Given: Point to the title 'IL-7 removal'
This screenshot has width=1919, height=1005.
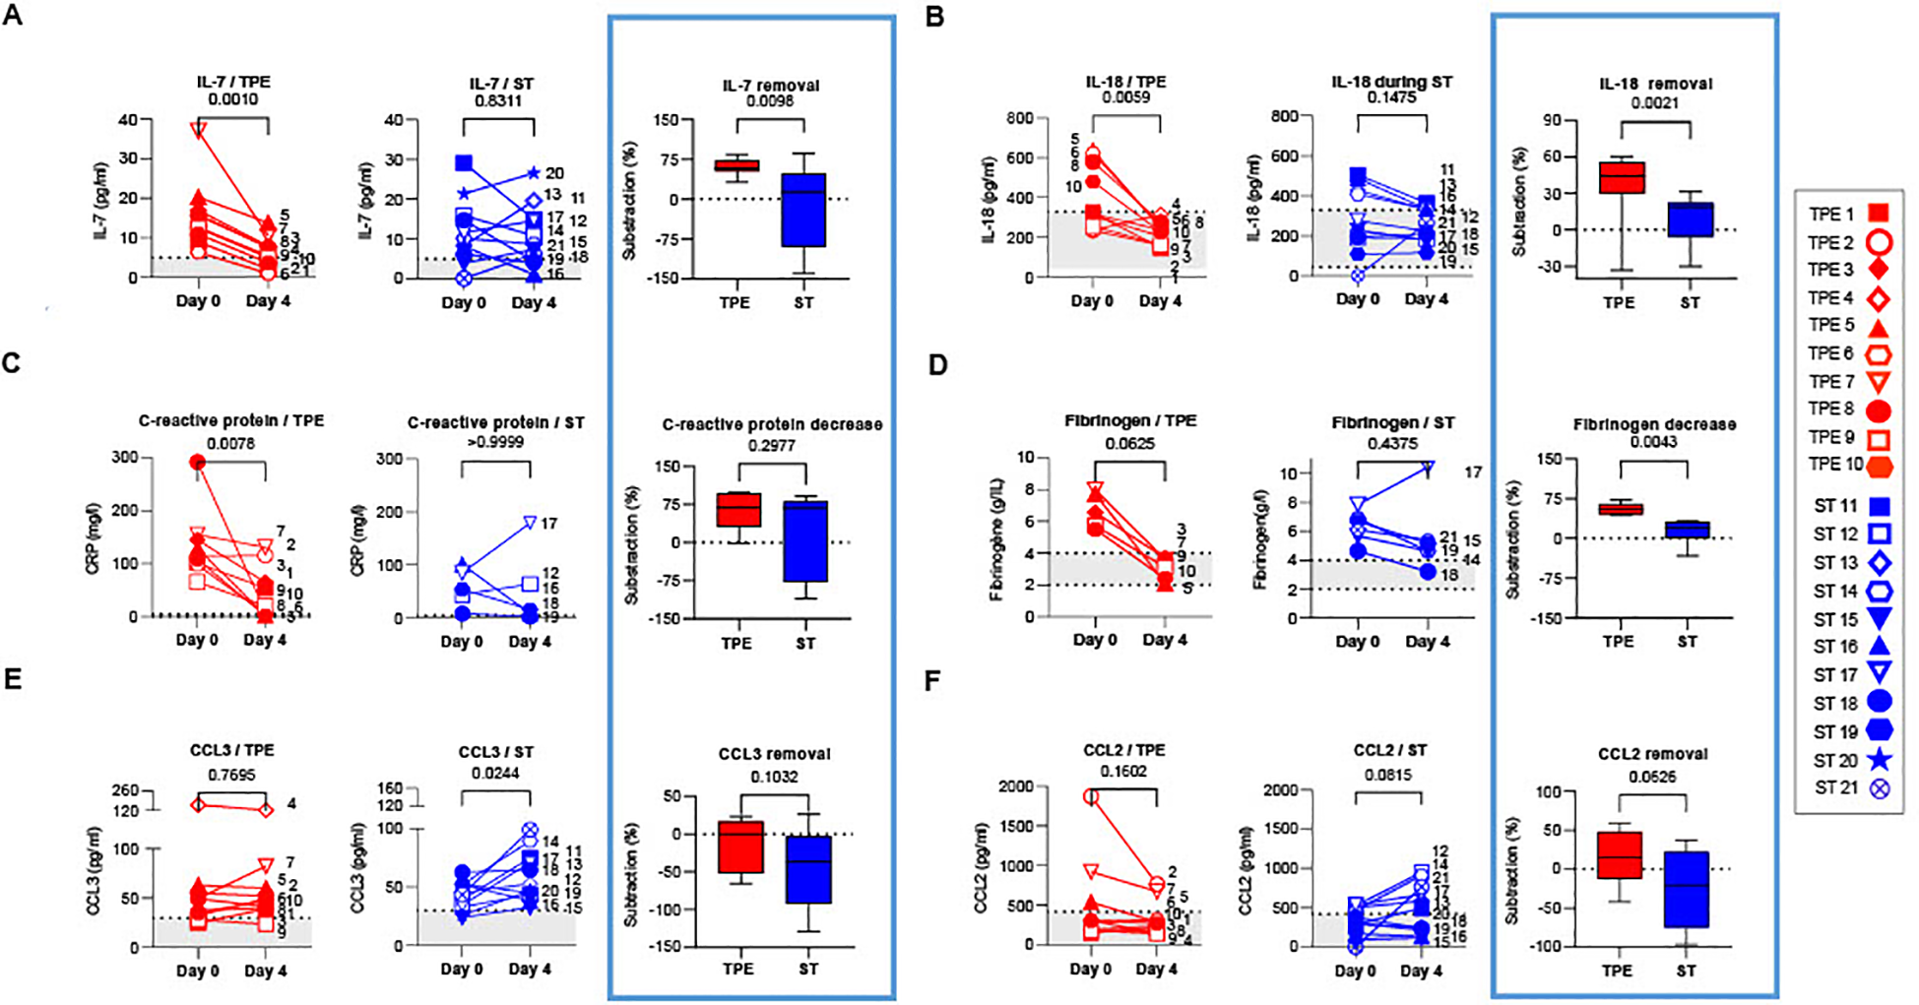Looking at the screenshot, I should coord(771,85).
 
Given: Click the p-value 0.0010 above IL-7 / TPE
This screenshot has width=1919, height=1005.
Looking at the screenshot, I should coord(233,99).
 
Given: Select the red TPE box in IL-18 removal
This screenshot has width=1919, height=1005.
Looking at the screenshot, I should coord(1620,177).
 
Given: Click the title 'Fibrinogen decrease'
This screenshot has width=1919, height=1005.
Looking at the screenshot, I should coord(1654,424).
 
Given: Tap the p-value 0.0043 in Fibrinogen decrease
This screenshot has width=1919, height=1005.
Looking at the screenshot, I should coord(1654,442).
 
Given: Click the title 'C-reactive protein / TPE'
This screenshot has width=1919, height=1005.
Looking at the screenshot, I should coord(231,420).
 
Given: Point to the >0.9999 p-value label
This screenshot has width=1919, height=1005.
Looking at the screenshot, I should coord(495,441).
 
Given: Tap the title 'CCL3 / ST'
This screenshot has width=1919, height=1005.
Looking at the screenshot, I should coord(495,752).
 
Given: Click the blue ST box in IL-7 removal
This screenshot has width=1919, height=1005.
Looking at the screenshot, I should coord(803,211).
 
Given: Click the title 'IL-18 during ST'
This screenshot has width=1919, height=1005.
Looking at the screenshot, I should coord(1391,82).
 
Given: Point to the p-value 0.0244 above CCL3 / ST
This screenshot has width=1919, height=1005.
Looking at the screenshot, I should coord(495,774).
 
